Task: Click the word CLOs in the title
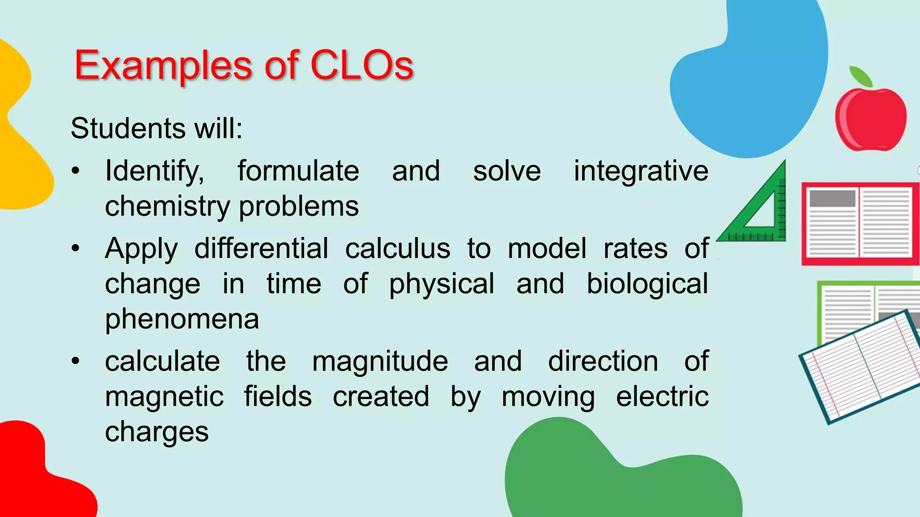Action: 362,66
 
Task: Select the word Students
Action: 128,128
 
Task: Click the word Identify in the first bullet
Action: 154,171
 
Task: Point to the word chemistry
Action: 168,206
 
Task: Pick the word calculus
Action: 398,249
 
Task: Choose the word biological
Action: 647,284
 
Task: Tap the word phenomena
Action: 182,320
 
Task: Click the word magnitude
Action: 380,361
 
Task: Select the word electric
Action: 662,397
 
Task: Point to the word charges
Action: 157,432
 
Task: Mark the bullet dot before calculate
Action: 75,361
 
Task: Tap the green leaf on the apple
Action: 861,76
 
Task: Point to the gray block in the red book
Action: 832,198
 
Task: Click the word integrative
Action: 641,171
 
